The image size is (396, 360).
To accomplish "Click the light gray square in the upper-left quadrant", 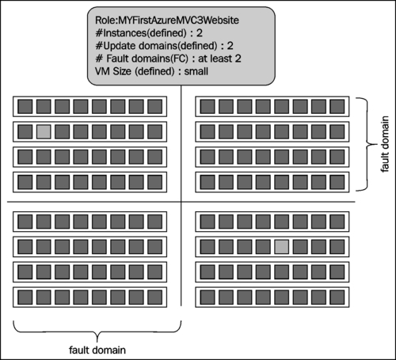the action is tap(44, 132).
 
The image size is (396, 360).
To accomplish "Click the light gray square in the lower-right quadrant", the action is tap(282, 247).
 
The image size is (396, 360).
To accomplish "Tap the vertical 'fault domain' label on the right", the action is tap(385, 144).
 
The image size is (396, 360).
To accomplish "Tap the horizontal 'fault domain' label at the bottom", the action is tap(97, 350).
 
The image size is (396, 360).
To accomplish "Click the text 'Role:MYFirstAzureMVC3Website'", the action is tap(167, 21).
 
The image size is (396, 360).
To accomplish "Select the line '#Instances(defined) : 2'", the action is tap(149, 33).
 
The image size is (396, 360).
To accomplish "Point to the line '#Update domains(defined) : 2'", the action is tap(164, 46).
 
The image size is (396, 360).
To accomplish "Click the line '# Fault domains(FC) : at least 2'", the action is tap(168, 59).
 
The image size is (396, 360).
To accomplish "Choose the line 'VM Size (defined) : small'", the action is tap(151, 71).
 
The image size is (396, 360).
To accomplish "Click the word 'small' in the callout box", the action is tap(196, 71).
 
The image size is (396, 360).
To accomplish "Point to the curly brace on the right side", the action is tap(367, 144).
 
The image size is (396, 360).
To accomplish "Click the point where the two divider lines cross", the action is tap(181, 202).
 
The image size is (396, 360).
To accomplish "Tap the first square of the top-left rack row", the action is tap(25, 107).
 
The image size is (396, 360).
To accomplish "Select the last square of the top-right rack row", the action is tap(337, 107).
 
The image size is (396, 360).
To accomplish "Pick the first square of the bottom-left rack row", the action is tap(25, 297).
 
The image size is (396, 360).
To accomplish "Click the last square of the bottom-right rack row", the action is tap(337, 297).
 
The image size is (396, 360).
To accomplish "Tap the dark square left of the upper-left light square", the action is tap(25, 132).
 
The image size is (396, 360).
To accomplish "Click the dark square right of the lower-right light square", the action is tap(300, 247).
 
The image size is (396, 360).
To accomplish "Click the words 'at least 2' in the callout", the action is tap(219, 59).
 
